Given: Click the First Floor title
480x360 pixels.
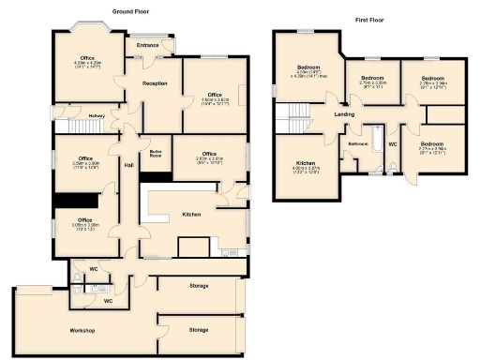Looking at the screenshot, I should point(370,18).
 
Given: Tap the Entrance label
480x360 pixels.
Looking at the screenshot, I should point(147,45).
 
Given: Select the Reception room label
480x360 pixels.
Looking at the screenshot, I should point(155,84).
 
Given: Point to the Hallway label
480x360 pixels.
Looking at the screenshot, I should point(97,116).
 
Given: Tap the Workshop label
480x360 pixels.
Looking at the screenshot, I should point(82,331).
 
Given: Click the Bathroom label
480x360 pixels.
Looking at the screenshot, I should point(358,143).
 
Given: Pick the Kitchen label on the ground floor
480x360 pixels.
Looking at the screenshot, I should point(191,215).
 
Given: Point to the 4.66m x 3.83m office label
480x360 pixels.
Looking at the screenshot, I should point(215,97).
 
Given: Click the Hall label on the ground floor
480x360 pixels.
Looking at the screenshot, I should point(128,166).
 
